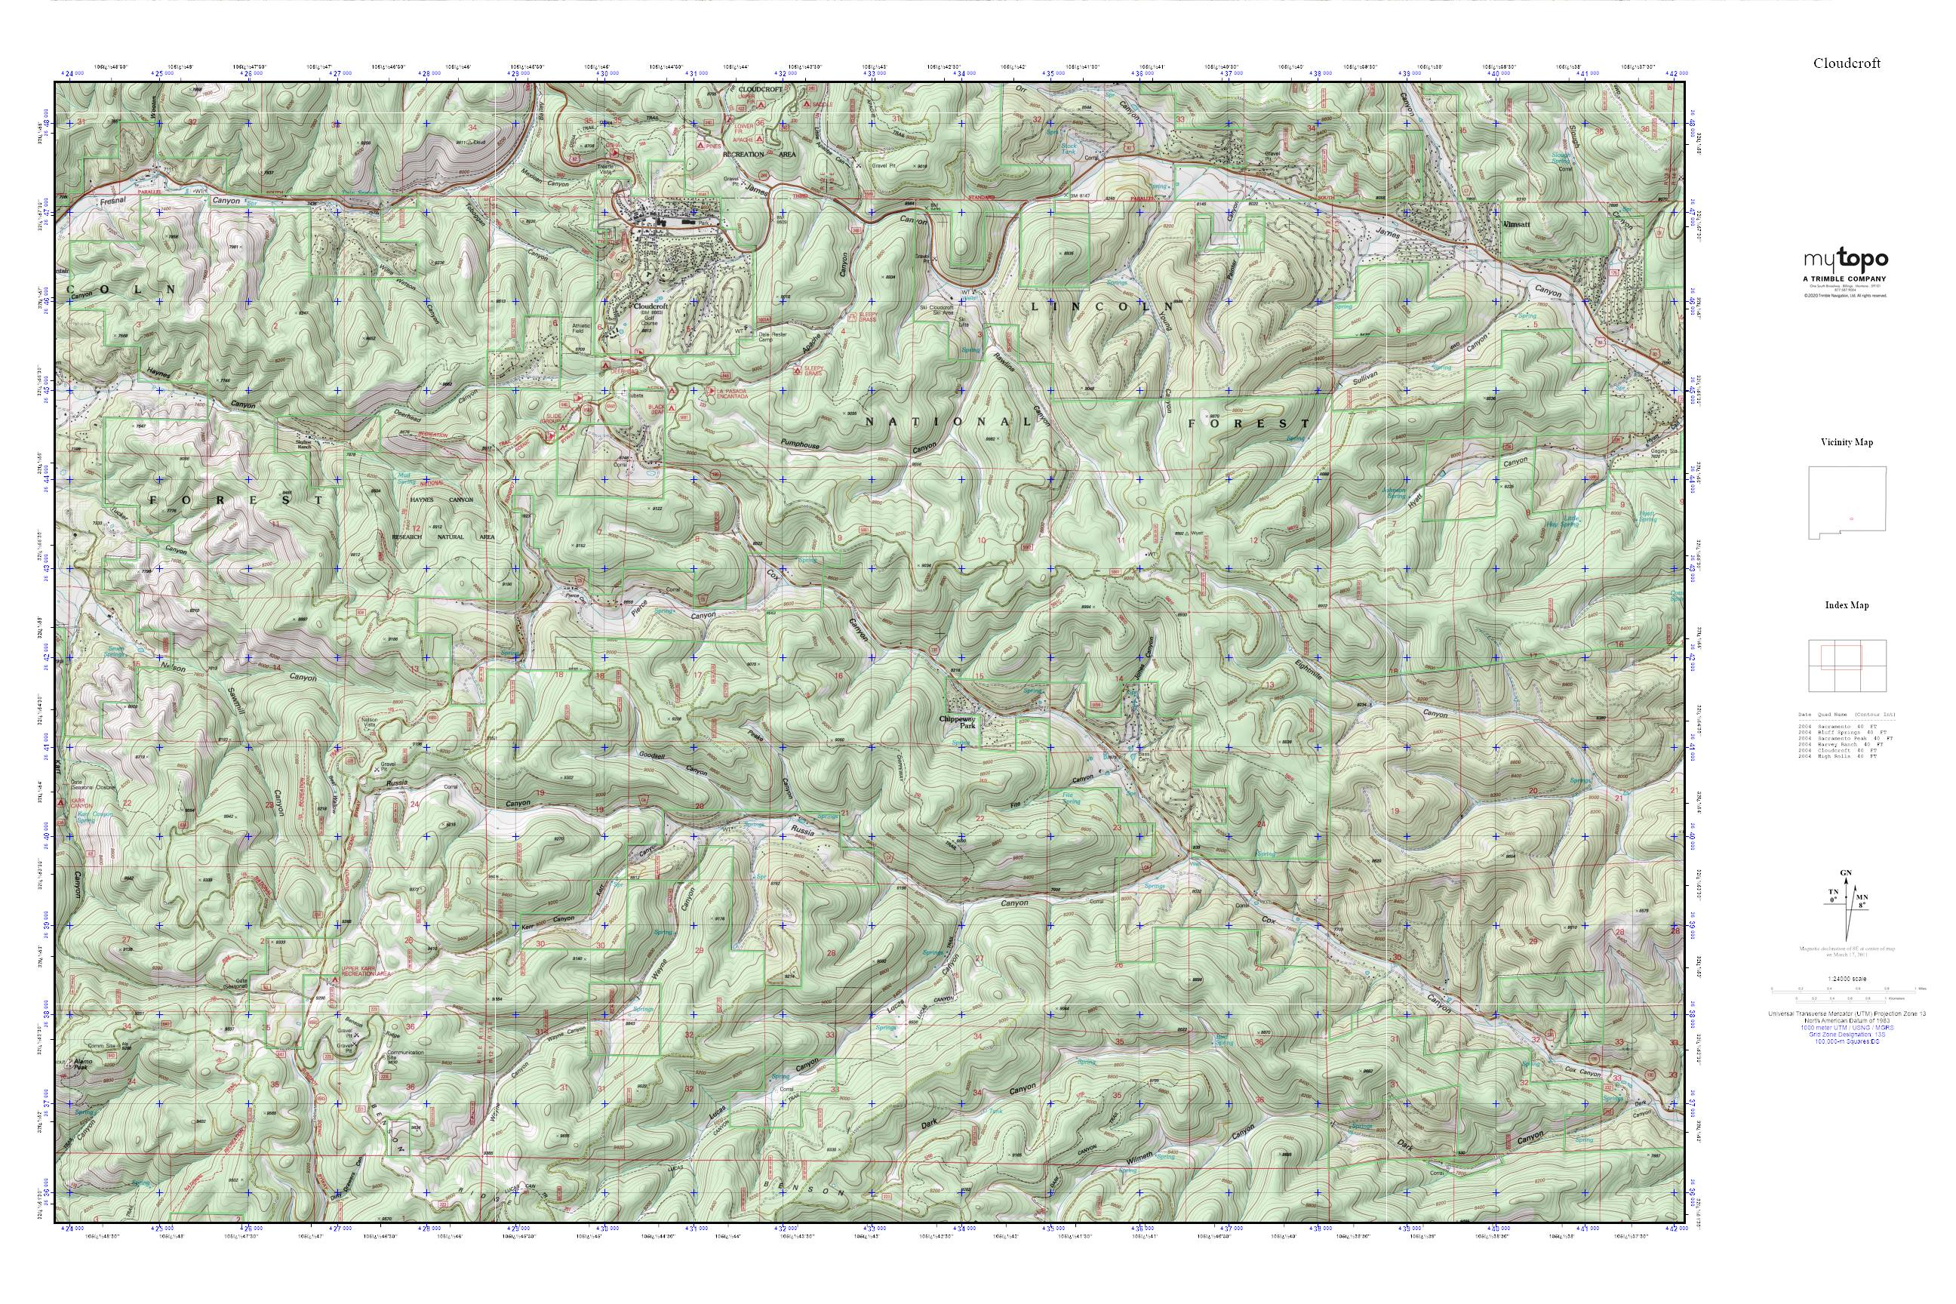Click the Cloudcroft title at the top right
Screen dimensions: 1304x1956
(x=1847, y=63)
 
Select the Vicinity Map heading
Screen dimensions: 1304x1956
(x=1847, y=442)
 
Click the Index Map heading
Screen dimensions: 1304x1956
(x=1847, y=605)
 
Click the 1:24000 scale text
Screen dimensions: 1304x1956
(x=1847, y=979)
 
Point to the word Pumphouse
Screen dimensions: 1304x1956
(x=800, y=446)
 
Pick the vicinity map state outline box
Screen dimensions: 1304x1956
(x=1847, y=503)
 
